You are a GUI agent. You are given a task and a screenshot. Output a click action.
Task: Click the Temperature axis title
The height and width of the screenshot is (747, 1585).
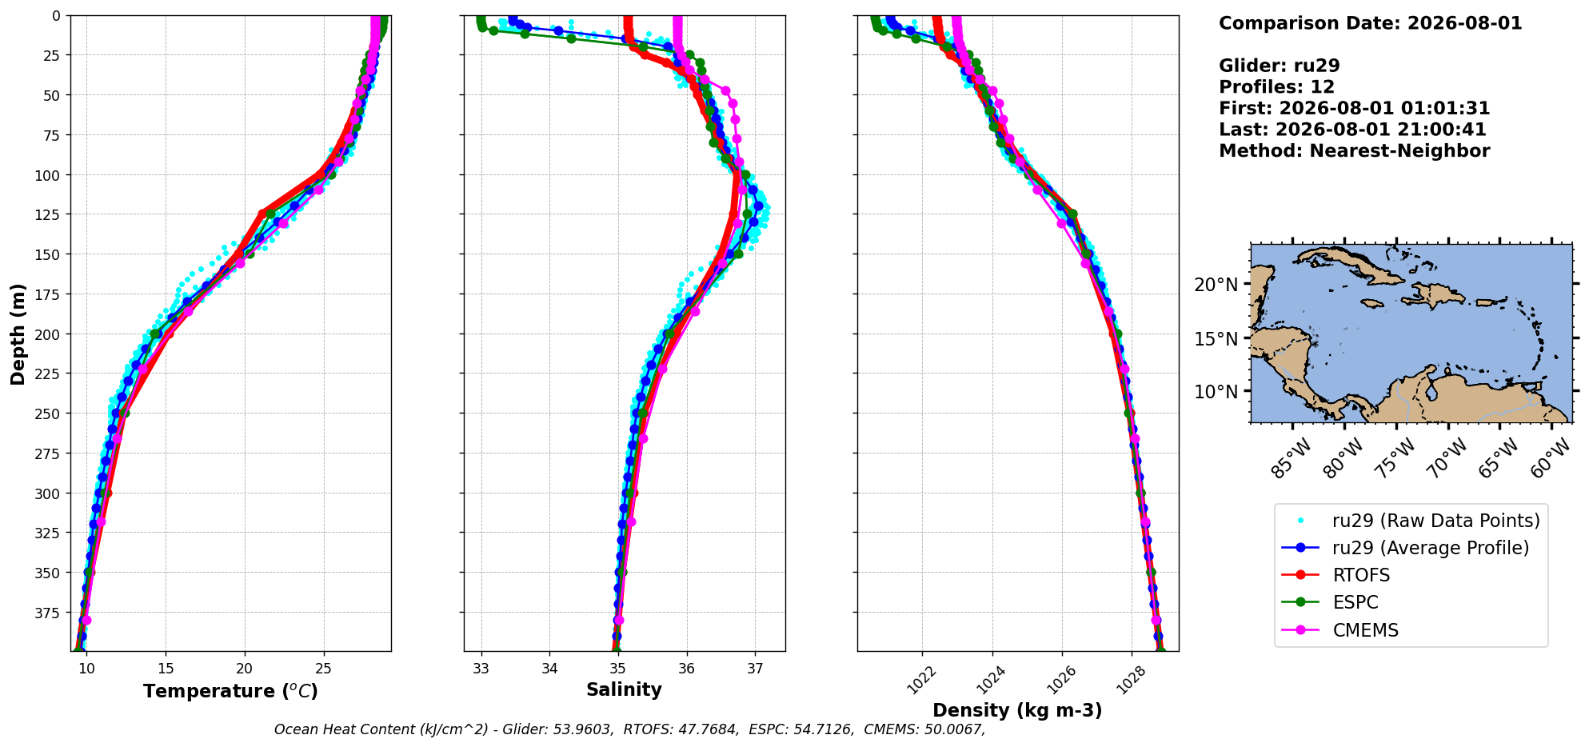pos(230,691)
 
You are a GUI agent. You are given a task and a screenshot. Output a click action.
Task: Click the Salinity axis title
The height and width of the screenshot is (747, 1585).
pos(624,690)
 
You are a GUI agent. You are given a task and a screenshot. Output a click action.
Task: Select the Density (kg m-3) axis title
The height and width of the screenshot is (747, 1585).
pos(1017,710)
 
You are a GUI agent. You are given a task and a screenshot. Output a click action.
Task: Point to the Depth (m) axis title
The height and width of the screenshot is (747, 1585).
pos(18,334)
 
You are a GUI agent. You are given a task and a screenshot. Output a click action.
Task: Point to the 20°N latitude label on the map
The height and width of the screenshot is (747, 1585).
pos(1216,285)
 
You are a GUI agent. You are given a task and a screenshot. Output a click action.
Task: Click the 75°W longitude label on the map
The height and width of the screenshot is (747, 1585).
pos(1395,460)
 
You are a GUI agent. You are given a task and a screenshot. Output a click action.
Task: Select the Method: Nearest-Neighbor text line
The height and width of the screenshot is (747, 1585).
pos(1354,151)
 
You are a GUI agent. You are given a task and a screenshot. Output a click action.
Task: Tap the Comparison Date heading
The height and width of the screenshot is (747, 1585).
pos(1370,23)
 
